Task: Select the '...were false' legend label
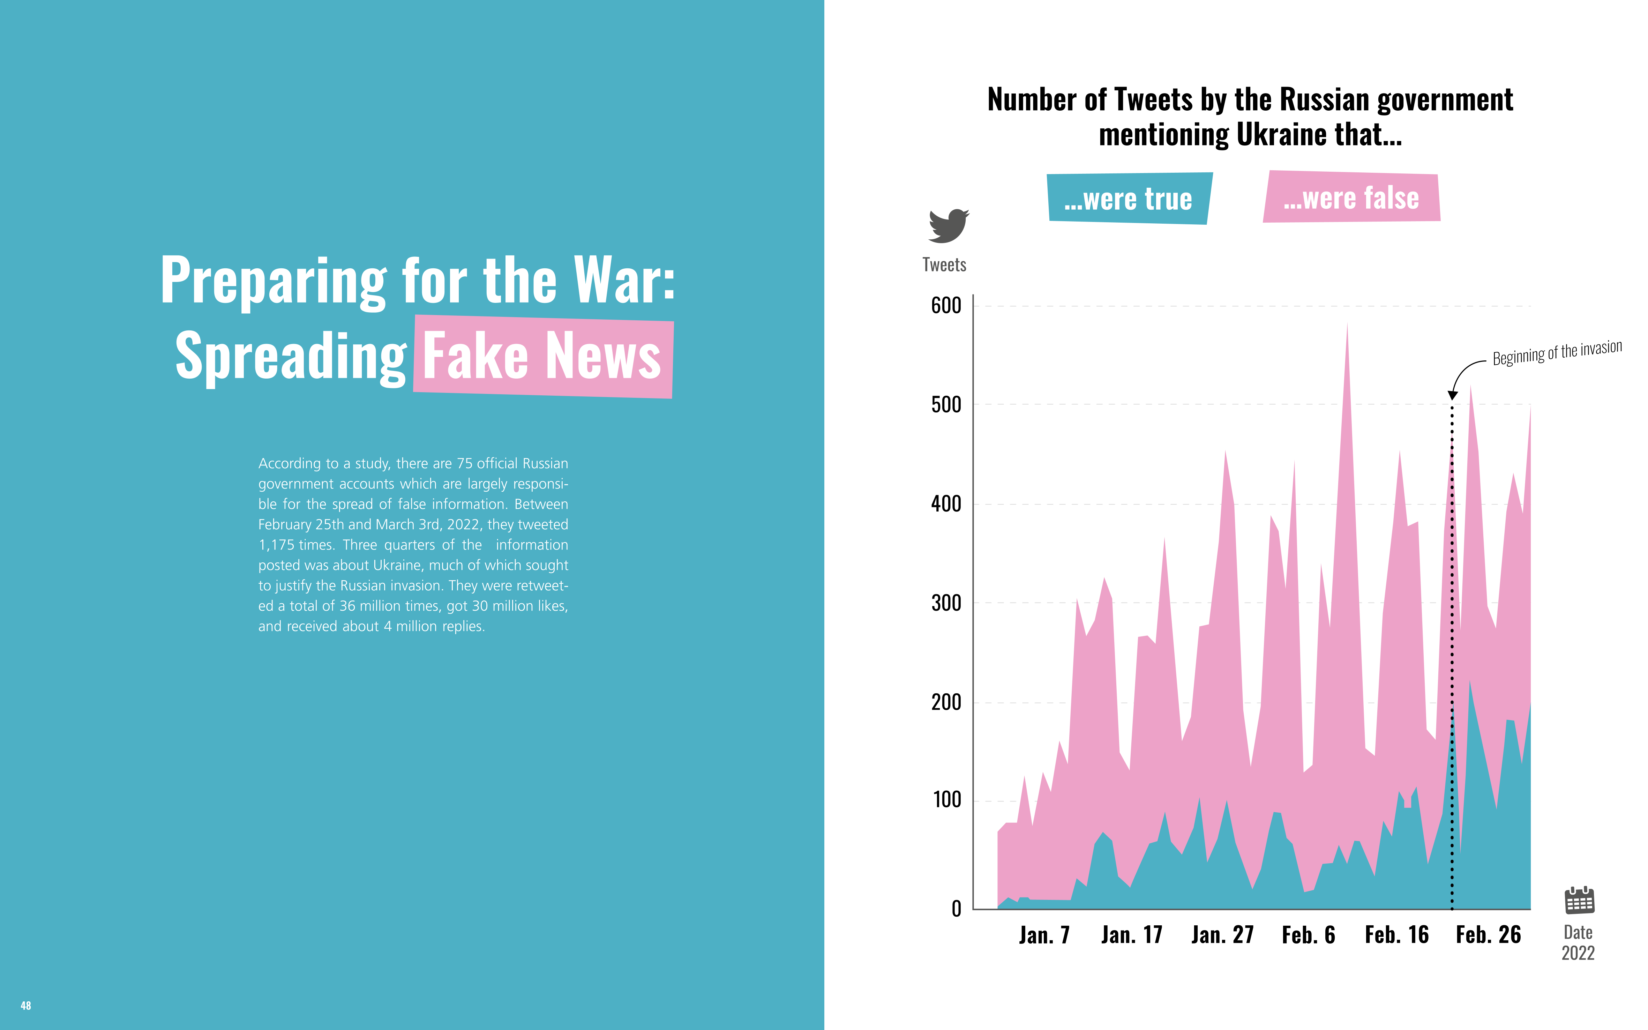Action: pyautogui.click(x=1351, y=197)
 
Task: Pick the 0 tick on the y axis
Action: pyautogui.click(x=956, y=908)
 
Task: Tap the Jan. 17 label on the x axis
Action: pyautogui.click(x=1131, y=935)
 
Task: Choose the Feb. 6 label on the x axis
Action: pyautogui.click(x=1308, y=935)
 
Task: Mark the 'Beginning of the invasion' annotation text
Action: pyautogui.click(x=1557, y=353)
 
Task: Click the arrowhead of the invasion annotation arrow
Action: pyautogui.click(x=1452, y=395)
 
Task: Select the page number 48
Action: pyautogui.click(x=26, y=1006)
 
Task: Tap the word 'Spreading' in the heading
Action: pyautogui.click(x=291, y=356)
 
